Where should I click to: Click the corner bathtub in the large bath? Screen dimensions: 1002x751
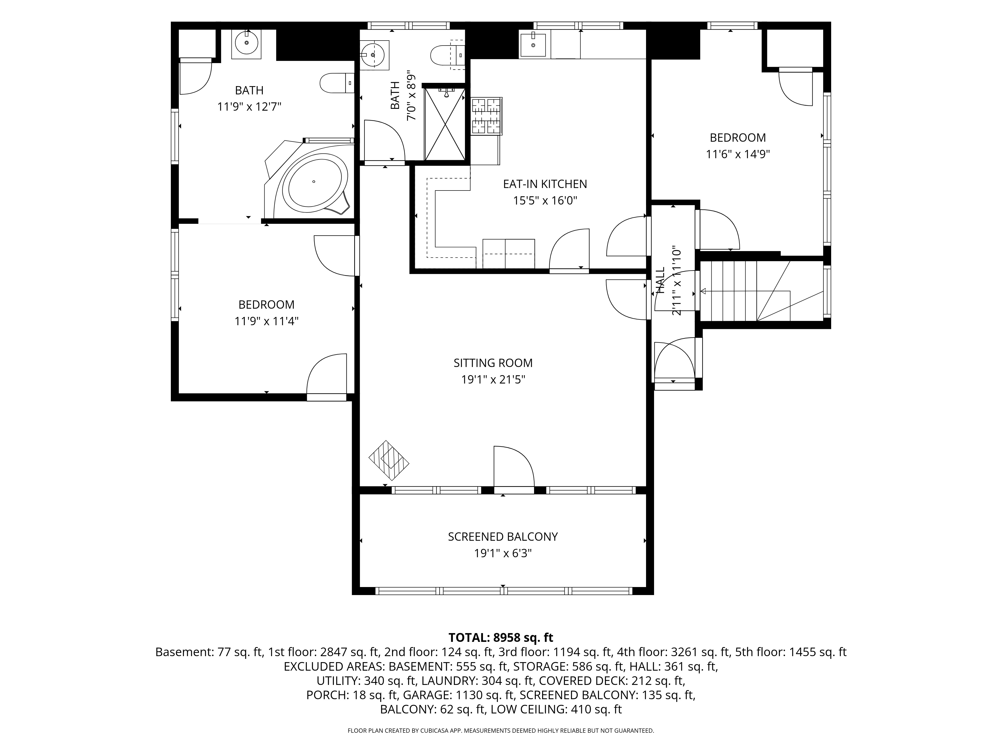pyautogui.click(x=313, y=181)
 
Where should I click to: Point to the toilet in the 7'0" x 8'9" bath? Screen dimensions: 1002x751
pyautogui.click(x=447, y=55)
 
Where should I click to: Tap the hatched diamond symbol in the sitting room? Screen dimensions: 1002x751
pyautogui.click(x=389, y=460)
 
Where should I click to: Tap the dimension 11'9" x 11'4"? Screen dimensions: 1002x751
pyautogui.click(x=266, y=321)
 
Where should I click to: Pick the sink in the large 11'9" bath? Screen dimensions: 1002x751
pyautogui.click(x=246, y=44)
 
